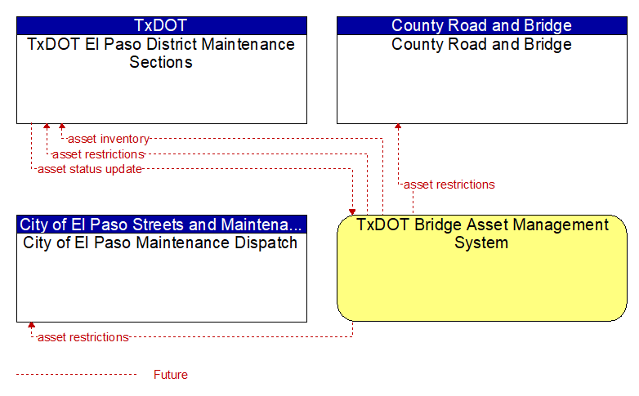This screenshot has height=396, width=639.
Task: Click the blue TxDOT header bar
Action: [x=162, y=25]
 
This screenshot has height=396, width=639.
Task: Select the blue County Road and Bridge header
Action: [x=482, y=25]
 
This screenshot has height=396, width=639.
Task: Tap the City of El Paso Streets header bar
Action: [x=162, y=225]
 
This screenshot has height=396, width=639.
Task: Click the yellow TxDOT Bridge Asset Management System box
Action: [x=482, y=268]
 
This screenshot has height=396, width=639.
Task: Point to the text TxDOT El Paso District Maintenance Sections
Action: [x=161, y=53]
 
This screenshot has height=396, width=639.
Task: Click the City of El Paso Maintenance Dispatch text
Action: [x=160, y=242]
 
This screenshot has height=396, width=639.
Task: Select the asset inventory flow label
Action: [x=109, y=139]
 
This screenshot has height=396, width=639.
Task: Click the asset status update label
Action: [x=90, y=169]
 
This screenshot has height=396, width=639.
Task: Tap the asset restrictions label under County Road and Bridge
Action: [x=449, y=185]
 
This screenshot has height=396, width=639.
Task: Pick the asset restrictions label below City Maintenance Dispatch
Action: [x=83, y=337]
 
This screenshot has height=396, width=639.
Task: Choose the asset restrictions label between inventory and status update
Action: [x=98, y=154]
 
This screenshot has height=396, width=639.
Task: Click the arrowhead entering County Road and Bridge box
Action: [x=398, y=127]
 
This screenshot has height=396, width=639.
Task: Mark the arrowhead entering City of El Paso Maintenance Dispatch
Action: [x=31, y=325]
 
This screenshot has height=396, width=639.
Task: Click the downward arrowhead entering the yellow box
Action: [x=352, y=212]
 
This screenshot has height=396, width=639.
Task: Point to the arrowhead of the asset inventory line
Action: [x=62, y=127]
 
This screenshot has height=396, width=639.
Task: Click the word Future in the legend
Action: [x=171, y=375]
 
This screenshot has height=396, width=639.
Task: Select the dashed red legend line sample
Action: [x=77, y=375]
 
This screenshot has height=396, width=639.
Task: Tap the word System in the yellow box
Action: [x=481, y=242]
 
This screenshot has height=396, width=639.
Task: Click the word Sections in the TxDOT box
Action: [x=161, y=62]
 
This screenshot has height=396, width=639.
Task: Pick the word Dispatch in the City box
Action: [x=266, y=242]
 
